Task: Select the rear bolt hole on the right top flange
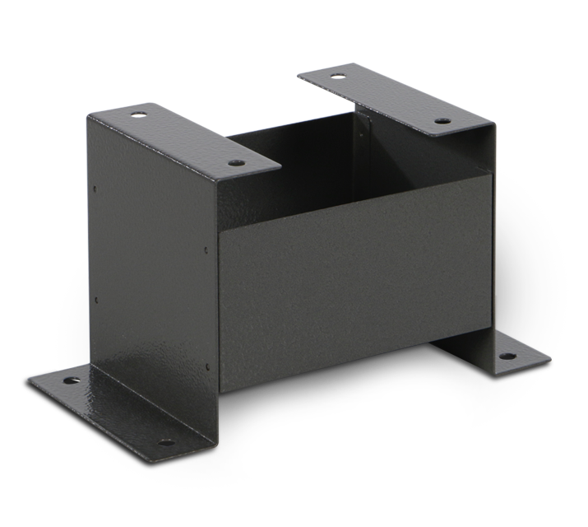coord(336,77)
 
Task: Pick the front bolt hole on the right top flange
coord(442,122)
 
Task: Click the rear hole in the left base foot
coord(67,381)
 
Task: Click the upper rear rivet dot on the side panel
coord(95,189)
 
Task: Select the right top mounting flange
coord(387,99)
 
